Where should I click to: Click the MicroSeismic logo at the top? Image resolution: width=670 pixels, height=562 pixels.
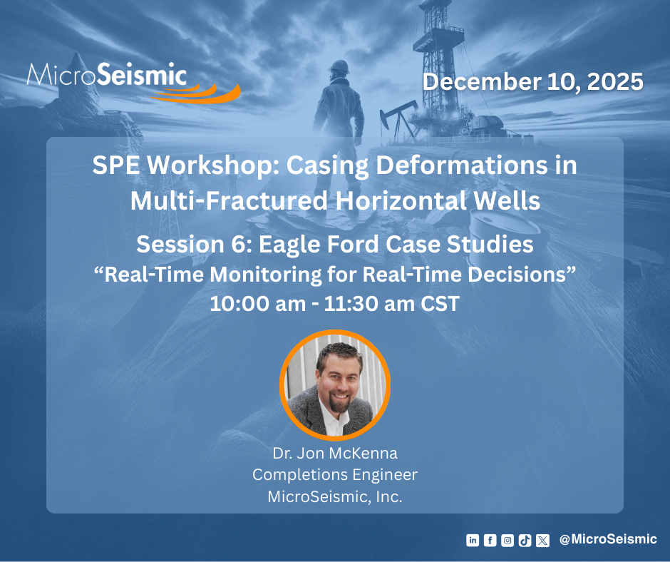pyautogui.click(x=133, y=82)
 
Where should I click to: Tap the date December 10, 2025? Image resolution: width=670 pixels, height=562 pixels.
pyautogui.click(x=533, y=81)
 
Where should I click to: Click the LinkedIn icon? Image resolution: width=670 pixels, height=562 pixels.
pyautogui.click(x=472, y=540)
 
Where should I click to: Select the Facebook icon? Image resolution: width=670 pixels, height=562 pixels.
pyautogui.click(x=490, y=540)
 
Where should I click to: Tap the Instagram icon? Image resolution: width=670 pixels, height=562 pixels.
pyautogui.click(x=507, y=540)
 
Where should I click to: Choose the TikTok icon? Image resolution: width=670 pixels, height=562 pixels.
pyautogui.click(x=525, y=540)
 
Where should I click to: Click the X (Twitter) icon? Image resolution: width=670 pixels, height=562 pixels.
pyautogui.click(x=542, y=540)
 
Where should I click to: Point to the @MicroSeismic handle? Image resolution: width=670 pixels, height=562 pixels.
pyautogui.click(x=608, y=539)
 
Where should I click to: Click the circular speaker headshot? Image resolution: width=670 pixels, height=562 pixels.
pyautogui.click(x=335, y=385)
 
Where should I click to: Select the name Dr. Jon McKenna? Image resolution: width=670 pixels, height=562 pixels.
pyautogui.click(x=335, y=453)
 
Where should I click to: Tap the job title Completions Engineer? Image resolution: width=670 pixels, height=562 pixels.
pyautogui.click(x=335, y=475)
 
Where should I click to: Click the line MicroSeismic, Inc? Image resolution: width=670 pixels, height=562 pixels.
pyautogui.click(x=335, y=496)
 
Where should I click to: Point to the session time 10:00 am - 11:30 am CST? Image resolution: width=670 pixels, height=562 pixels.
pyautogui.click(x=334, y=304)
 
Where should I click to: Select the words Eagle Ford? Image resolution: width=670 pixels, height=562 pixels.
pyautogui.click(x=319, y=244)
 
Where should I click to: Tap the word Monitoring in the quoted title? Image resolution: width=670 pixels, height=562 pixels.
pyautogui.click(x=265, y=275)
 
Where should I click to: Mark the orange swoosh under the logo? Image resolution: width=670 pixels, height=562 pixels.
pyautogui.click(x=197, y=93)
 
